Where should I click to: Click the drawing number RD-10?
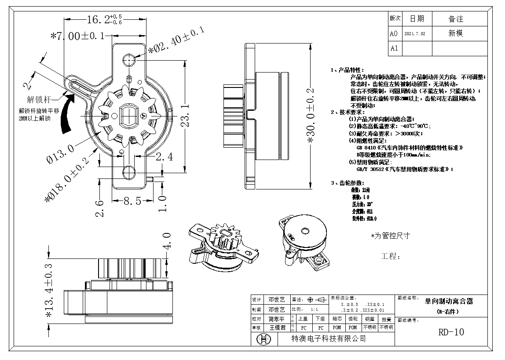tap(450, 332)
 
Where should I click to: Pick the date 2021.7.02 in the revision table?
tap(414, 33)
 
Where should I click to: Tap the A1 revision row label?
tap(394, 48)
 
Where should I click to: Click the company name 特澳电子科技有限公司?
tap(329, 338)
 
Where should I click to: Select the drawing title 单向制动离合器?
tap(448, 302)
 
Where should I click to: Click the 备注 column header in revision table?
tap(456, 19)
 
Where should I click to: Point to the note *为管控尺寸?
tap(390, 236)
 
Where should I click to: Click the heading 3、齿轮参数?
tap(348, 182)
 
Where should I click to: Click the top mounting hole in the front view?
tap(130, 59)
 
